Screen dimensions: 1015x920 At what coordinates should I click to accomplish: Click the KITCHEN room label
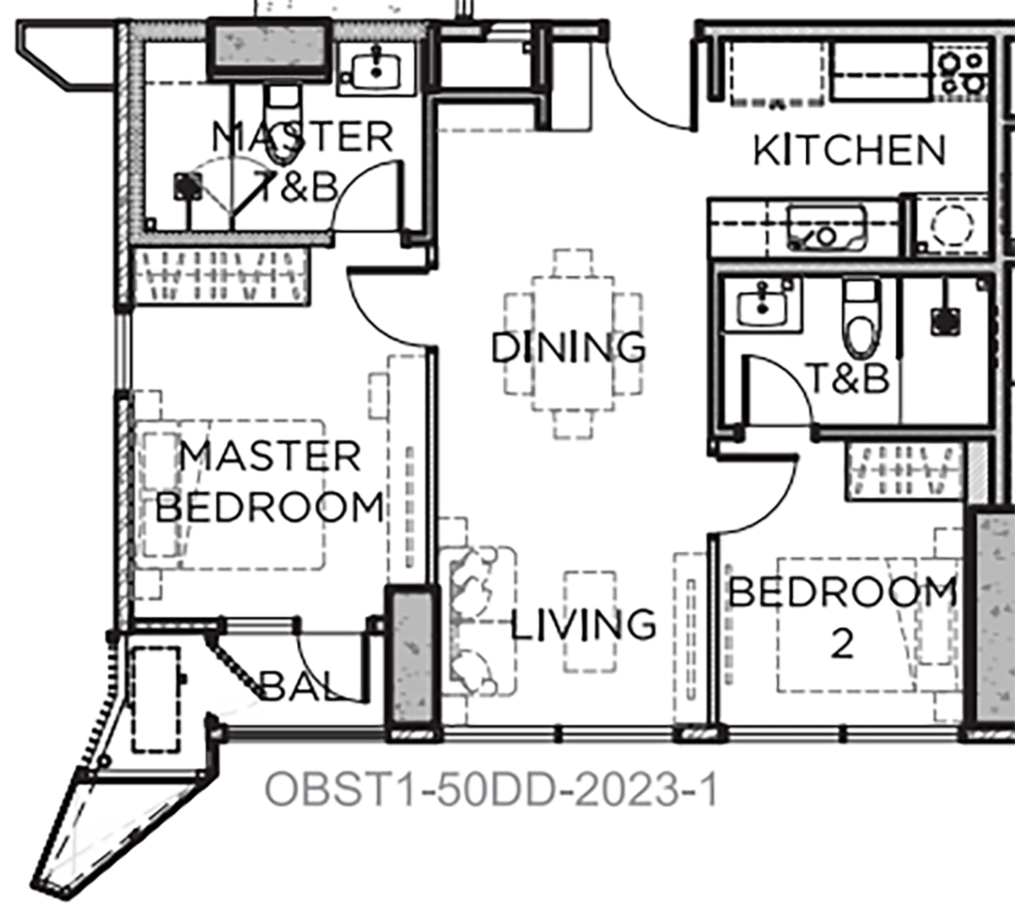(x=849, y=151)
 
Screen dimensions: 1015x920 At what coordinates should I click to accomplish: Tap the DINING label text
(x=568, y=347)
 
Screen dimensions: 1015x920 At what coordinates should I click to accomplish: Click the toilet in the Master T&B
(x=283, y=126)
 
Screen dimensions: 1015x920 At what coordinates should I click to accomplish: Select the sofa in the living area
(x=478, y=622)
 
